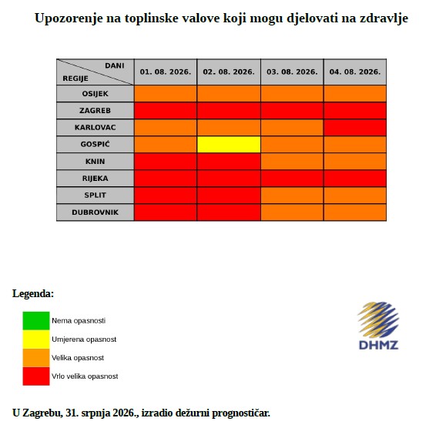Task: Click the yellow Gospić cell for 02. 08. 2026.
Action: pos(229,145)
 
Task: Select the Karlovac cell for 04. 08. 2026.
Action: pos(355,127)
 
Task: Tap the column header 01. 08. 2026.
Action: pos(166,72)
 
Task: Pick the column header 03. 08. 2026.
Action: pos(292,72)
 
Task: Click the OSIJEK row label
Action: pos(95,94)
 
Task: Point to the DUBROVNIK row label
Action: pos(95,212)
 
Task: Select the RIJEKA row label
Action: pos(95,179)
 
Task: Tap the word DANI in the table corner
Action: pos(115,65)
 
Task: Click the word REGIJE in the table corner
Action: pos(75,79)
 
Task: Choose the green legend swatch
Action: pos(36,321)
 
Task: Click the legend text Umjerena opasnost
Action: pos(84,339)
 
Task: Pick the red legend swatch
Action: pos(36,376)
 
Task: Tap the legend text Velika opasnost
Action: pos(78,357)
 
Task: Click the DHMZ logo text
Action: pos(379,345)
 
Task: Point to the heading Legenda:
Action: pos(33,293)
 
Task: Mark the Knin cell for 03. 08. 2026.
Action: pos(292,162)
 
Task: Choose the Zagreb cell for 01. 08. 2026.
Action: pos(166,111)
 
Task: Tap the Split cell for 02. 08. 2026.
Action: pos(229,196)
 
